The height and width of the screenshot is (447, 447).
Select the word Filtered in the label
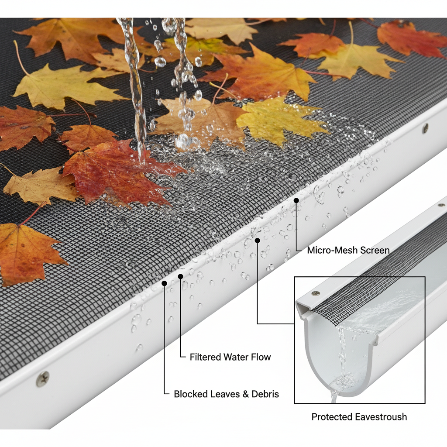pyautogui.click(x=205, y=357)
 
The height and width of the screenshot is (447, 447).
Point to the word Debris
pyautogui.click(x=265, y=394)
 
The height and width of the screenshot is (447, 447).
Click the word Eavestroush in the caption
pyautogui.click(x=383, y=417)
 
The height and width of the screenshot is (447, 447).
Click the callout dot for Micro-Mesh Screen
pyautogui.click(x=296, y=200)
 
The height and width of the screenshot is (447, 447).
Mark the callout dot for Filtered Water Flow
pyautogui.click(x=180, y=276)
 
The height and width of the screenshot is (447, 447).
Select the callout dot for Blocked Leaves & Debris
pyautogui.click(x=164, y=283)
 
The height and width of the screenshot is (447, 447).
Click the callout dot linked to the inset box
pyautogui.click(x=258, y=241)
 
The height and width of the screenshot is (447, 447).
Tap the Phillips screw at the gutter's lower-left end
pyautogui.click(x=43, y=379)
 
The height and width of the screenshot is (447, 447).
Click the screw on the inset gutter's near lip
pyautogui.click(x=315, y=293)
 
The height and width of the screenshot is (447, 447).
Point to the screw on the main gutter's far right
pyautogui.click(x=425, y=128)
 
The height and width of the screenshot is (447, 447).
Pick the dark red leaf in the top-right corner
pyautogui.click(x=410, y=38)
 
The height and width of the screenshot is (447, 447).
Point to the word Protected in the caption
pyautogui.click(x=334, y=417)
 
